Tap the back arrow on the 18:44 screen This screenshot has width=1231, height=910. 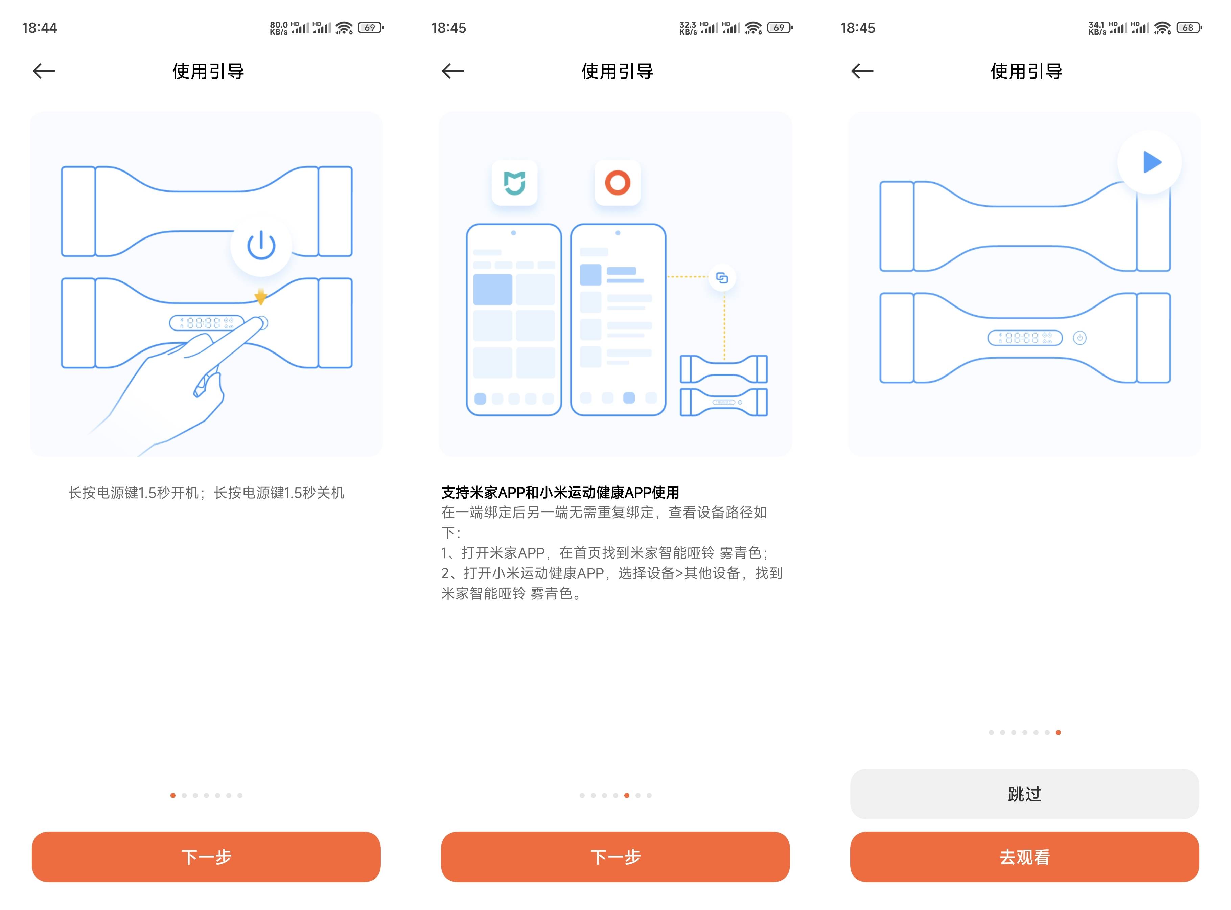pyautogui.click(x=44, y=71)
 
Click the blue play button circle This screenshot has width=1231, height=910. pyautogui.click(x=1149, y=162)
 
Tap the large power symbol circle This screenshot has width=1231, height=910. pyautogui.click(x=261, y=245)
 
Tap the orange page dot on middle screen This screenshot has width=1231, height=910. pyautogui.click(x=627, y=795)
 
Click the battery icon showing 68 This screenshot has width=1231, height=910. pyautogui.click(x=1188, y=27)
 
